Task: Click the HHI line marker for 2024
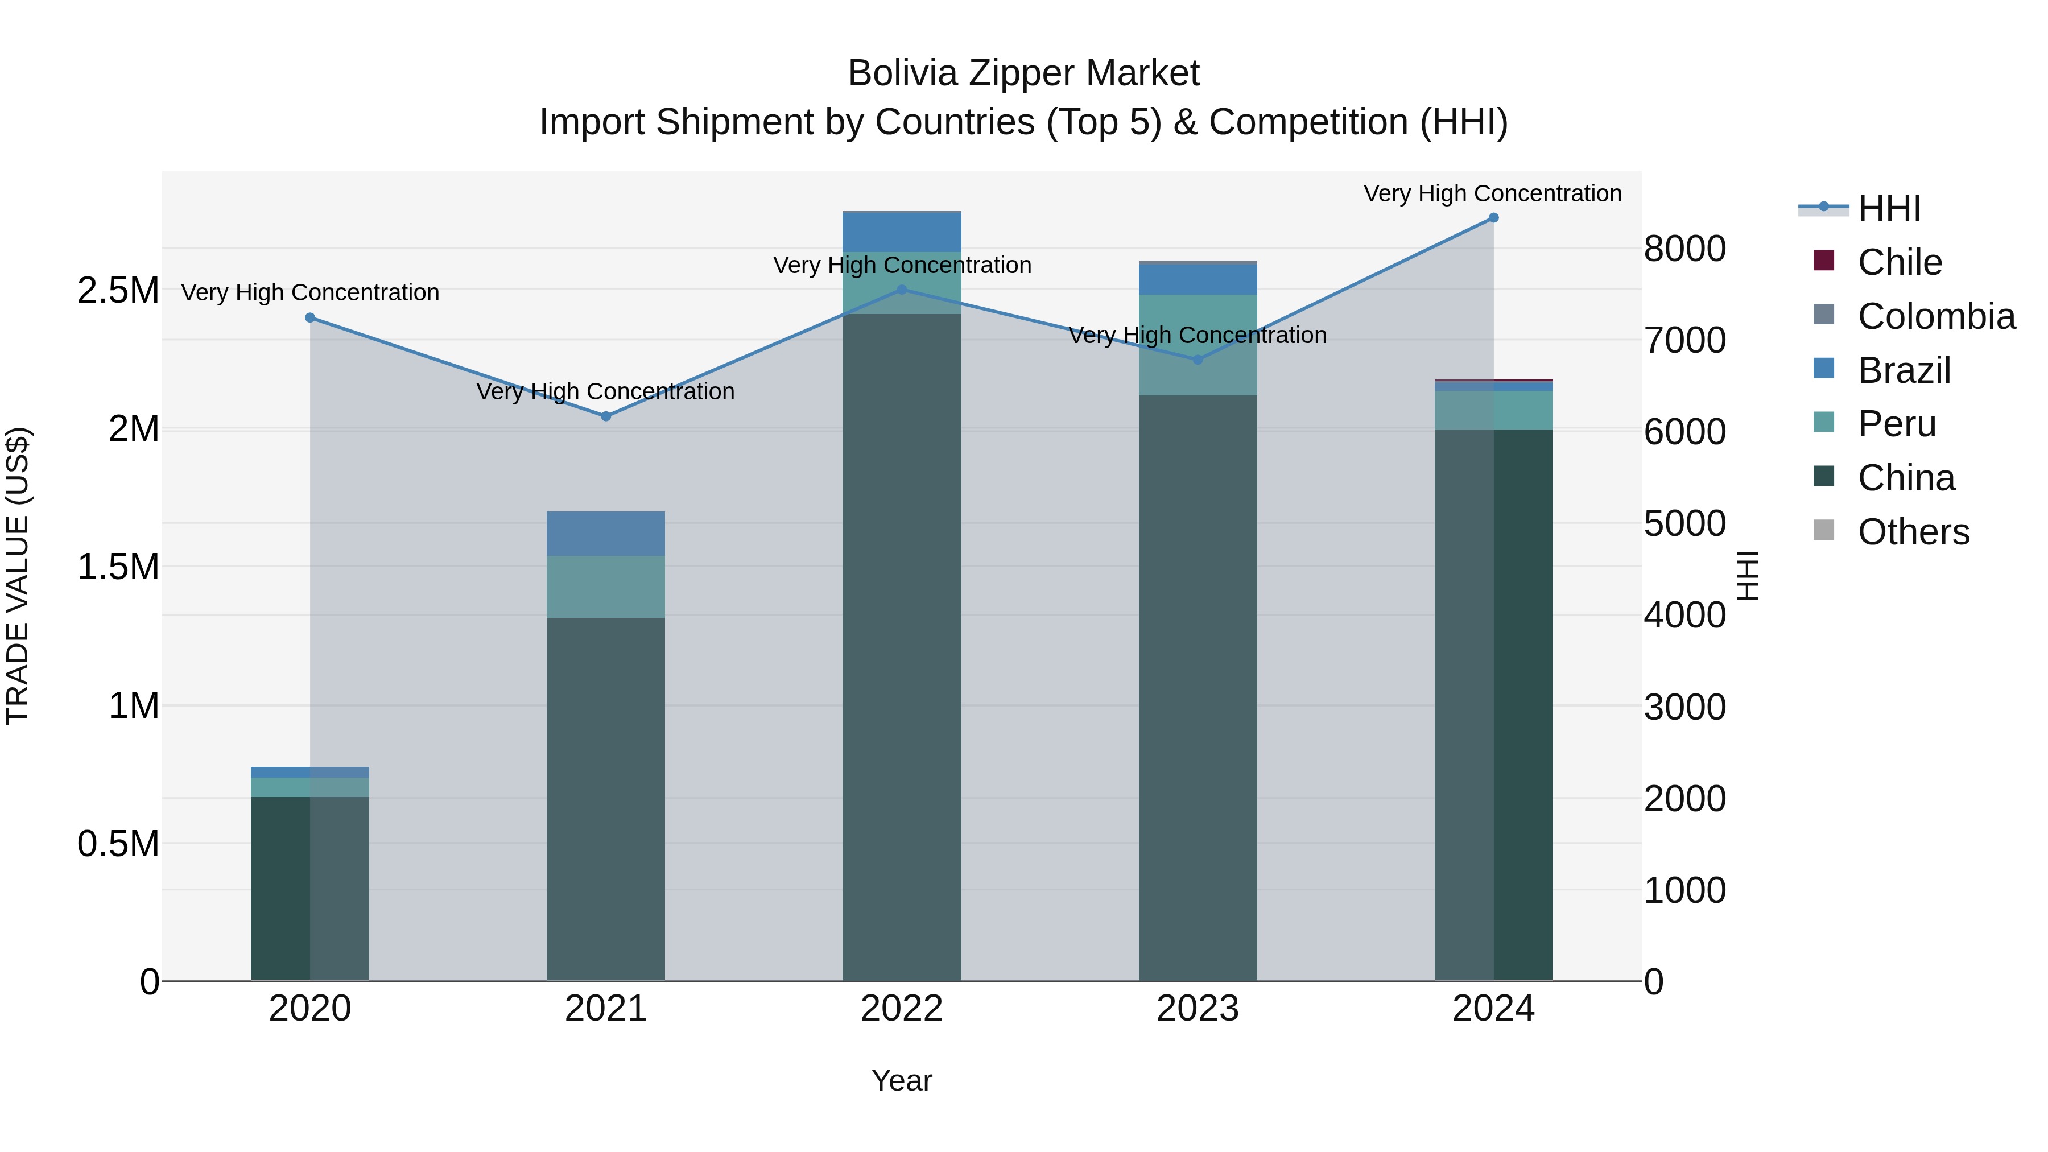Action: [1493, 218]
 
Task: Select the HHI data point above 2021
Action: [606, 416]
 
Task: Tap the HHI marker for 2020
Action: [310, 318]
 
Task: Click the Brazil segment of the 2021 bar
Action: [606, 534]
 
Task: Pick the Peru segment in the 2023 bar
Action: [1198, 345]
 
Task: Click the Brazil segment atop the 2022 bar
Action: [902, 232]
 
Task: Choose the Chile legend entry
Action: [1900, 262]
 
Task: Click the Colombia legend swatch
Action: [1824, 315]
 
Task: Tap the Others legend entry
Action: [1913, 532]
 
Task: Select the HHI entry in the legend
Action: [1889, 208]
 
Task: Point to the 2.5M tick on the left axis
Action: [118, 291]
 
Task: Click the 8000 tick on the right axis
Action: [1684, 249]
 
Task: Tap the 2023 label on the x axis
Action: [1198, 1009]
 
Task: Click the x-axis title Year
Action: [902, 1080]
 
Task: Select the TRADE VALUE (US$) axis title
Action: [18, 576]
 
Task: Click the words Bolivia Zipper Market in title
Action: [1023, 74]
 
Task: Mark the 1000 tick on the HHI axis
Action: [1684, 890]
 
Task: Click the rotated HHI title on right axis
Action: [1746, 576]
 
